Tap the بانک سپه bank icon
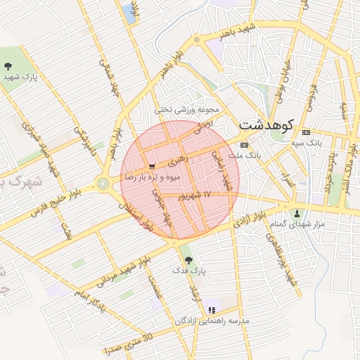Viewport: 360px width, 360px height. click(x=305, y=132)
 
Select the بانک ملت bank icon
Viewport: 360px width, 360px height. click(x=244, y=144)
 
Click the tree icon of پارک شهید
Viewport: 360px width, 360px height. click(x=8, y=66)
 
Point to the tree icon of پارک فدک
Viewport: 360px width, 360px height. click(x=186, y=259)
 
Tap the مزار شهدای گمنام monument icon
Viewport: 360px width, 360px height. click(x=297, y=213)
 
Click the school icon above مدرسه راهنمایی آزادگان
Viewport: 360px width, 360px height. click(x=212, y=310)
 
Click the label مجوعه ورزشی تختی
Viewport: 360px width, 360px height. click(x=188, y=110)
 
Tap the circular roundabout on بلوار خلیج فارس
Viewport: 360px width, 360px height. click(x=104, y=184)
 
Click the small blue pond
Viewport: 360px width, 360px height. click(x=129, y=11)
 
